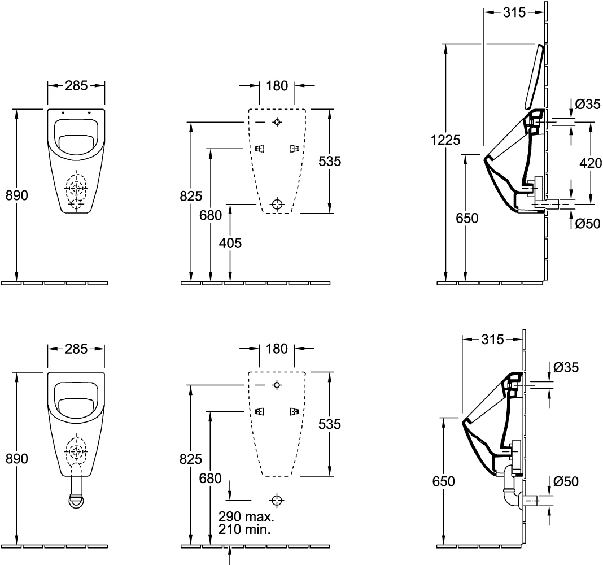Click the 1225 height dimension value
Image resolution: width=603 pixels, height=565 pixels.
click(x=445, y=140)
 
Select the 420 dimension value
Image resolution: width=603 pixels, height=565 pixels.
click(x=591, y=163)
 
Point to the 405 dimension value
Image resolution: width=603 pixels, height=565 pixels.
click(x=230, y=244)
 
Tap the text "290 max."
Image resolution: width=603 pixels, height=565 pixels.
click(x=246, y=517)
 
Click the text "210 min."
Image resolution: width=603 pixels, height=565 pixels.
click(x=244, y=530)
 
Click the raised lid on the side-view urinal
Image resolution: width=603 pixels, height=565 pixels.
click(x=534, y=77)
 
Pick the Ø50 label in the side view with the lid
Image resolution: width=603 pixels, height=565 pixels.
click(x=587, y=224)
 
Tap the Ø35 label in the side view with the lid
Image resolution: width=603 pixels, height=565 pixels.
click(x=588, y=103)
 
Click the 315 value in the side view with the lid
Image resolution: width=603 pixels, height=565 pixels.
click(x=514, y=12)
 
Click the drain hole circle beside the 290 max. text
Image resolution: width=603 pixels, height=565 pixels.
click(x=277, y=500)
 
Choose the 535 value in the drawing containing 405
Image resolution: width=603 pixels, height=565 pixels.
click(x=330, y=162)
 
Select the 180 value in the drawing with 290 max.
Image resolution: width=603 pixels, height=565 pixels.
click(x=277, y=349)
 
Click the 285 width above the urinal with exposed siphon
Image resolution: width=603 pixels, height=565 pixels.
click(x=76, y=349)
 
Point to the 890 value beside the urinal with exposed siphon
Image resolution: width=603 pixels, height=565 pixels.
click(x=17, y=459)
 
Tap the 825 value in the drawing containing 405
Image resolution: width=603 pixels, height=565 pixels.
click(x=191, y=197)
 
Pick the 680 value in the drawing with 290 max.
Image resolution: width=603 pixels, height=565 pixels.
click(x=211, y=478)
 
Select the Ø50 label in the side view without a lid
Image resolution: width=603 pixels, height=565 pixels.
click(x=566, y=481)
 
